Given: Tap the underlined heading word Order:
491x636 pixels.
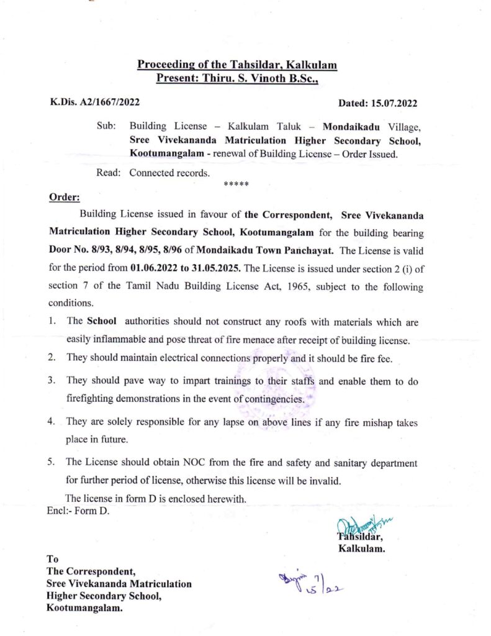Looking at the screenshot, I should point(64,198).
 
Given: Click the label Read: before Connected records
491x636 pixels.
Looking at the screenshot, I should point(108,173).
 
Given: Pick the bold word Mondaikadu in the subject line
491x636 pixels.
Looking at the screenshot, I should point(355,126).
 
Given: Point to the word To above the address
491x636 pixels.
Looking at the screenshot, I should point(53,558).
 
